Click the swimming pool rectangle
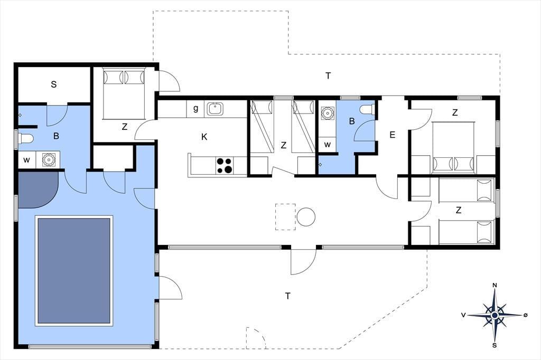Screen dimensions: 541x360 pos(74,271)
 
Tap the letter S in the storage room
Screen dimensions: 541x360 pos(53,84)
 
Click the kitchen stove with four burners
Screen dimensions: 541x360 pos(224,165)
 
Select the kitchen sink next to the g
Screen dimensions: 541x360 pos(215,109)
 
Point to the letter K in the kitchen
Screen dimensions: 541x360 pos(204,137)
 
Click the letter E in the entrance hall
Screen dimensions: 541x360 pos(393,135)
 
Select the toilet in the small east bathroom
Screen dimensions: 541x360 pos(367,109)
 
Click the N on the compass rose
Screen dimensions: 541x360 pos(495,285)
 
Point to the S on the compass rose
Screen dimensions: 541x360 pos(495,346)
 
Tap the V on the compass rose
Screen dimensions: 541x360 pos(464,315)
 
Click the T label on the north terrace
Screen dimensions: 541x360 pos(328,75)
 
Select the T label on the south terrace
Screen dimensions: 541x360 pos(288,296)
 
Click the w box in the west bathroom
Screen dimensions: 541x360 pos(26,159)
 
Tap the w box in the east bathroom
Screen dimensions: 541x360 pos(327,145)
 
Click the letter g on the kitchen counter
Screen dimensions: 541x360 pos(195,109)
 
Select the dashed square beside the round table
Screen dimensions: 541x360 pos(285,217)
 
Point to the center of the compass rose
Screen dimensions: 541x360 pos(495,315)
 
